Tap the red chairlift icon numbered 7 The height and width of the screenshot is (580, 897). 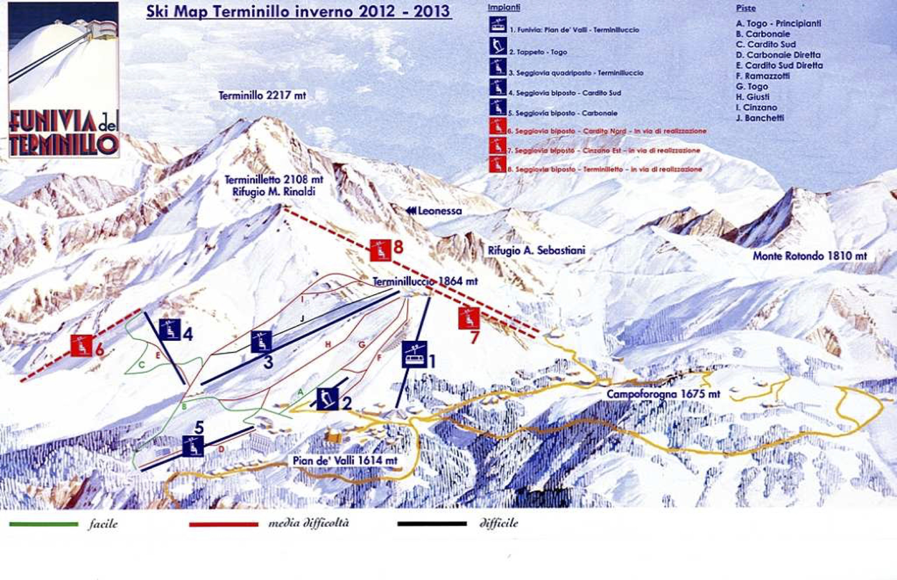pos(469,318)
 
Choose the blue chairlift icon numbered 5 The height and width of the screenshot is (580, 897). pos(193,446)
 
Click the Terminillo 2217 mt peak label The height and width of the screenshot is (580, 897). pos(262,96)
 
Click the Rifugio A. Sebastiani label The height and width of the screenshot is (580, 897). pos(536,250)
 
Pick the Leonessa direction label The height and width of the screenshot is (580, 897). pos(434,211)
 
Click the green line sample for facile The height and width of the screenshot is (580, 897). pos(44,524)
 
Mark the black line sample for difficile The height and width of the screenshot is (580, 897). pos(432,523)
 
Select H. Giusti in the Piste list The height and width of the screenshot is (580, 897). pos(753,97)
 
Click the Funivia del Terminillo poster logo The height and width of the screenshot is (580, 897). pos(63,79)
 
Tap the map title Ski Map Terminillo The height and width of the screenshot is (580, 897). pos(298,11)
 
